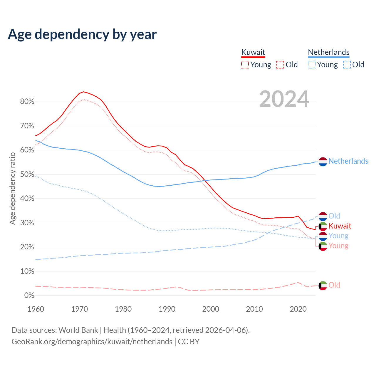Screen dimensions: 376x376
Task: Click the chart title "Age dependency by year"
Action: pyautogui.click(x=82, y=34)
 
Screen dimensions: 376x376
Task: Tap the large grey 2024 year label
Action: pyautogui.click(x=284, y=99)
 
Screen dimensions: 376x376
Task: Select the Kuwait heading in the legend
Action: pyautogui.click(x=253, y=52)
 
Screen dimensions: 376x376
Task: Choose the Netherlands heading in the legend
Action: pyautogui.click(x=328, y=52)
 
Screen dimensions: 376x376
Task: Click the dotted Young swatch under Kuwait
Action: pyautogui.click(x=245, y=65)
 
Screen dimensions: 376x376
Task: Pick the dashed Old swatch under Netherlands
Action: pyautogui.click(x=347, y=65)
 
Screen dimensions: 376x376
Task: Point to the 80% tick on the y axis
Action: pyautogui.click(x=27, y=102)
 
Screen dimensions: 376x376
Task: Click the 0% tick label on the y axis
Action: pyautogui.click(x=29, y=295)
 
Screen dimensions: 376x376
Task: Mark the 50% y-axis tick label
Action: pyautogui.click(x=27, y=174)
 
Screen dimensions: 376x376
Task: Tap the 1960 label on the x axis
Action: pyautogui.click(x=36, y=309)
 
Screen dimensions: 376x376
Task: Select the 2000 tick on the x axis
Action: pyautogui.click(x=211, y=309)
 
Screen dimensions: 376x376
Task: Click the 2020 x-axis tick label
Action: pyautogui.click(x=298, y=309)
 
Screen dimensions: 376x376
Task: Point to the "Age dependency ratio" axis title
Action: pyautogui.click(x=12, y=188)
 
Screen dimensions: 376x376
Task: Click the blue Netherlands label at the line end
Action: pyautogui.click(x=348, y=161)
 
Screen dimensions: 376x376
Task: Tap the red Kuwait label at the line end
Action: pyautogui.click(x=340, y=226)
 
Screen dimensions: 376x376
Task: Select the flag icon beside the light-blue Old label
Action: pyautogui.click(x=323, y=216)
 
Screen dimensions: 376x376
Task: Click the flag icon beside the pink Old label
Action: pyautogui.click(x=323, y=285)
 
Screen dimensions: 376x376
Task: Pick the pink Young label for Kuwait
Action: pyautogui.click(x=338, y=246)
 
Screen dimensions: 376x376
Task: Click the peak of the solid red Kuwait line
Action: pyautogui.click(x=84, y=92)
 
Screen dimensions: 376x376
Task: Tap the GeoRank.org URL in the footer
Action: pyautogui.click(x=92, y=342)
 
